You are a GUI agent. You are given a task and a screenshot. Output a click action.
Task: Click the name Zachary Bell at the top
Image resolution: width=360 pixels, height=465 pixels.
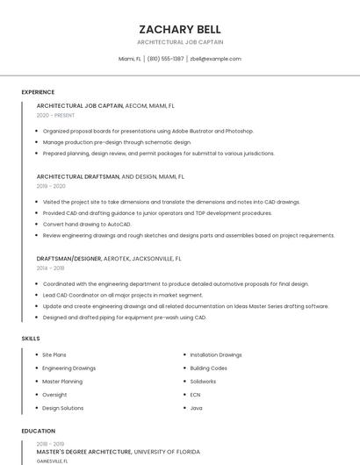[180, 30]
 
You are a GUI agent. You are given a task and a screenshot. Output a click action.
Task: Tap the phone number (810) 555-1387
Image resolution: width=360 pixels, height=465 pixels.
[166, 59]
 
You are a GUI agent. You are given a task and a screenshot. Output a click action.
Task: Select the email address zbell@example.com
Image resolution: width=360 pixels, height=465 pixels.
[215, 59]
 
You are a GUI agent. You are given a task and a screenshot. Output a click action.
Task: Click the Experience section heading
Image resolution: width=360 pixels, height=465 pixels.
[38, 92]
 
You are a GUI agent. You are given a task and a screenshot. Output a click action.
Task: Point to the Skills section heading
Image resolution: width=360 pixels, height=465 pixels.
[31, 338]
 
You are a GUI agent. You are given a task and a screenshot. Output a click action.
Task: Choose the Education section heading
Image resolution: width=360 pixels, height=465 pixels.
[38, 431]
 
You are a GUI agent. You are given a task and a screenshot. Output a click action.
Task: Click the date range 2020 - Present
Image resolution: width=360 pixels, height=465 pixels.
[55, 115]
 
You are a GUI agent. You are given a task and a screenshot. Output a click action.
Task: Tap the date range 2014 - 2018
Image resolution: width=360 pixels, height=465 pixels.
[51, 268]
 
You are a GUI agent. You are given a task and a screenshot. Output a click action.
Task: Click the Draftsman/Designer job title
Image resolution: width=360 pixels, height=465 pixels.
[68, 259]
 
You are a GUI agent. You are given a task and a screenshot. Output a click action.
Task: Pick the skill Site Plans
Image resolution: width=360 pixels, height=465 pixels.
[54, 354]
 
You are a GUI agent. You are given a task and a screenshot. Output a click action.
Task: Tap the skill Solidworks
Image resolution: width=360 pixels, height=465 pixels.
[203, 381]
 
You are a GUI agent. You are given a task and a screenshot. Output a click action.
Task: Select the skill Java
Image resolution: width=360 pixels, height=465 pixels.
[196, 408]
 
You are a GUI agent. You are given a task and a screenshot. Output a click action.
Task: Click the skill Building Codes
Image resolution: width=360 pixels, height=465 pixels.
[208, 368]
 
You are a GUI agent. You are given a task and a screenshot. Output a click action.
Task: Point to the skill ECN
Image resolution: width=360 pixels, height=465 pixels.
[195, 395]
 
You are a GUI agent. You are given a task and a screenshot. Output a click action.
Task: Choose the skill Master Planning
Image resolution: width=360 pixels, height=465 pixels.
[62, 381]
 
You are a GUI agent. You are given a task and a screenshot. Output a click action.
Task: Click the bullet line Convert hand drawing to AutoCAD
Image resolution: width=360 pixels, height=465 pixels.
[87, 224]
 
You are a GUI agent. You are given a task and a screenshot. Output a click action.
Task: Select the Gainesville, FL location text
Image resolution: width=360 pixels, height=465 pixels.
[52, 461]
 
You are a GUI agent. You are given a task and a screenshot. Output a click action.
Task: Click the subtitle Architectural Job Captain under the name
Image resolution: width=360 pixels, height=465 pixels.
[180, 42]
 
